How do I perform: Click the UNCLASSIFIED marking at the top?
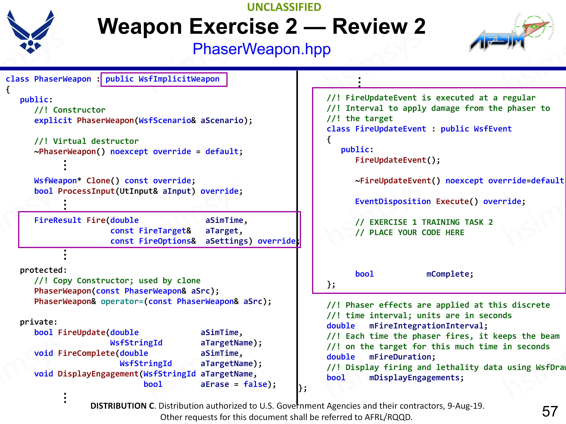pos(284,7)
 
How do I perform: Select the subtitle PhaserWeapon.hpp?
pos(261,49)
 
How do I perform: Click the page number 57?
pos(550,411)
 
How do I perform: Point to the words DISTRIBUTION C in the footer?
pos(123,406)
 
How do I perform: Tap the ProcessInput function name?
pos(86,191)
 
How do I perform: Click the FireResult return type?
pos(58,220)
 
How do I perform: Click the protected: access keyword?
pos(43,270)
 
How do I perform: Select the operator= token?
pos(122,301)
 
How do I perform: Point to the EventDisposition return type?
pos(393,201)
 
